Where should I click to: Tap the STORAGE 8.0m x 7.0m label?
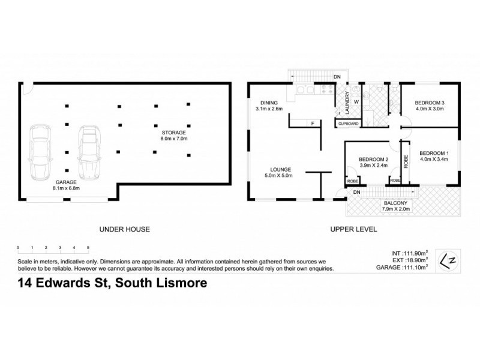pyautogui.click(x=174, y=135)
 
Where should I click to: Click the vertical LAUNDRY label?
pyautogui.click(x=346, y=103)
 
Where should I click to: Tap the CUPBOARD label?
pyautogui.click(x=349, y=124)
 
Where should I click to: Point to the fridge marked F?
pyautogui.click(x=312, y=123)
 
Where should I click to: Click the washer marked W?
pyautogui.click(x=356, y=101)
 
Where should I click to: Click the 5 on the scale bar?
pyautogui.click(x=88, y=247)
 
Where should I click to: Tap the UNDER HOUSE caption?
pyautogui.click(x=124, y=229)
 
